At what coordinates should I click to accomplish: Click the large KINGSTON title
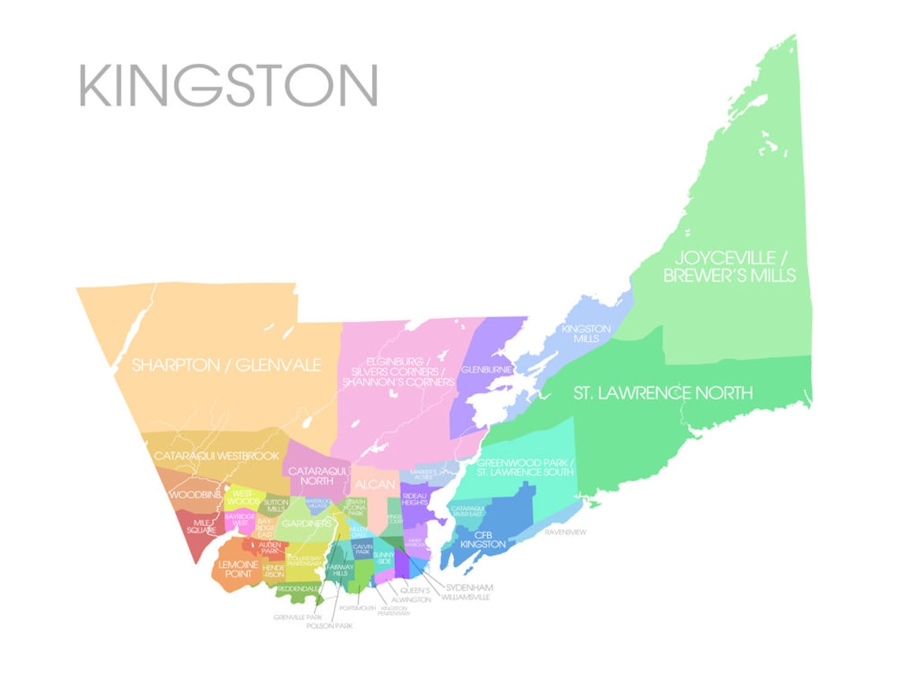coord(228,85)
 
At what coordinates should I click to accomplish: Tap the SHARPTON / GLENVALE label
coord(227,365)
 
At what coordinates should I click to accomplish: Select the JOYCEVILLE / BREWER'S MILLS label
coord(729,267)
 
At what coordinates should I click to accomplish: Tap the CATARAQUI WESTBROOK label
coord(216,456)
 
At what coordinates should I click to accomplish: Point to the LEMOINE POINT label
coord(238,569)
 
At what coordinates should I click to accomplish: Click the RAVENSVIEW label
coord(565,532)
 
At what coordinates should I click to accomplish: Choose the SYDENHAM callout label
coord(468,587)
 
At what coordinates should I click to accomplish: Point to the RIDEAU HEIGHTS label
coord(415,501)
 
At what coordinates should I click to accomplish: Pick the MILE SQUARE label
coord(201,525)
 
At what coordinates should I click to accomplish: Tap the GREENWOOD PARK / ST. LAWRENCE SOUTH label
coord(526,468)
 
